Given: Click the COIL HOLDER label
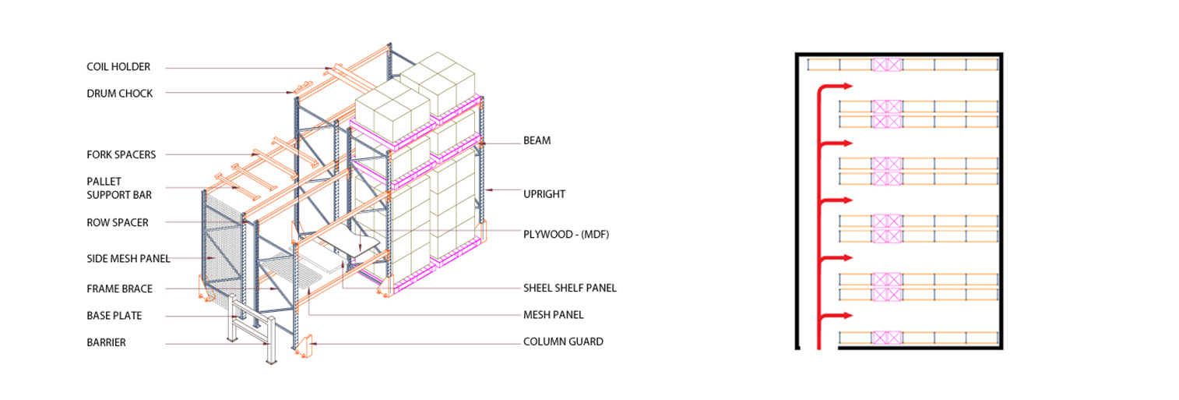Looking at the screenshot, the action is (x=118, y=67).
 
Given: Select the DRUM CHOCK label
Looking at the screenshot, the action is (x=119, y=94).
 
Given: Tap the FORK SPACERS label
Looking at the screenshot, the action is (x=121, y=155).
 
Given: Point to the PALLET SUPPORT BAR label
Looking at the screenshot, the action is (x=119, y=188).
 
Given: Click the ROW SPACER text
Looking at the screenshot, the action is (x=118, y=223).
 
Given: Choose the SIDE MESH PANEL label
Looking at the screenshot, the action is (x=128, y=259).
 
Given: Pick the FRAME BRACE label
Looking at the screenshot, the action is (x=119, y=288).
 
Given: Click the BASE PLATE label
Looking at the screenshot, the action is (x=114, y=316).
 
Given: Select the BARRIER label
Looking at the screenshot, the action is (x=107, y=342).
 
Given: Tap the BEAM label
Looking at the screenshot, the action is (x=537, y=140).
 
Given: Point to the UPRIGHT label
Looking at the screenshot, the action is (x=544, y=194).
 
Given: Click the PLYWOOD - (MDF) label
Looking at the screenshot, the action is (x=566, y=235).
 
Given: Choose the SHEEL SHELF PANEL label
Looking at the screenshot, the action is (x=569, y=288).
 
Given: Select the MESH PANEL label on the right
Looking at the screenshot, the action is (x=553, y=315).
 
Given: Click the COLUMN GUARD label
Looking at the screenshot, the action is (x=563, y=342).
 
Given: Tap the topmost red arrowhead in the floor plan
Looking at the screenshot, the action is (x=847, y=86).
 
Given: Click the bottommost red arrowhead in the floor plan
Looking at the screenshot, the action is (x=847, y=316).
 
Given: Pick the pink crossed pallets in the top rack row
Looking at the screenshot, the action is (x=887, y=65).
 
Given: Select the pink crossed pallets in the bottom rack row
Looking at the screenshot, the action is (x=887, y=338).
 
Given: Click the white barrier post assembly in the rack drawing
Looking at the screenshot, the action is (x=252, y=329).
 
